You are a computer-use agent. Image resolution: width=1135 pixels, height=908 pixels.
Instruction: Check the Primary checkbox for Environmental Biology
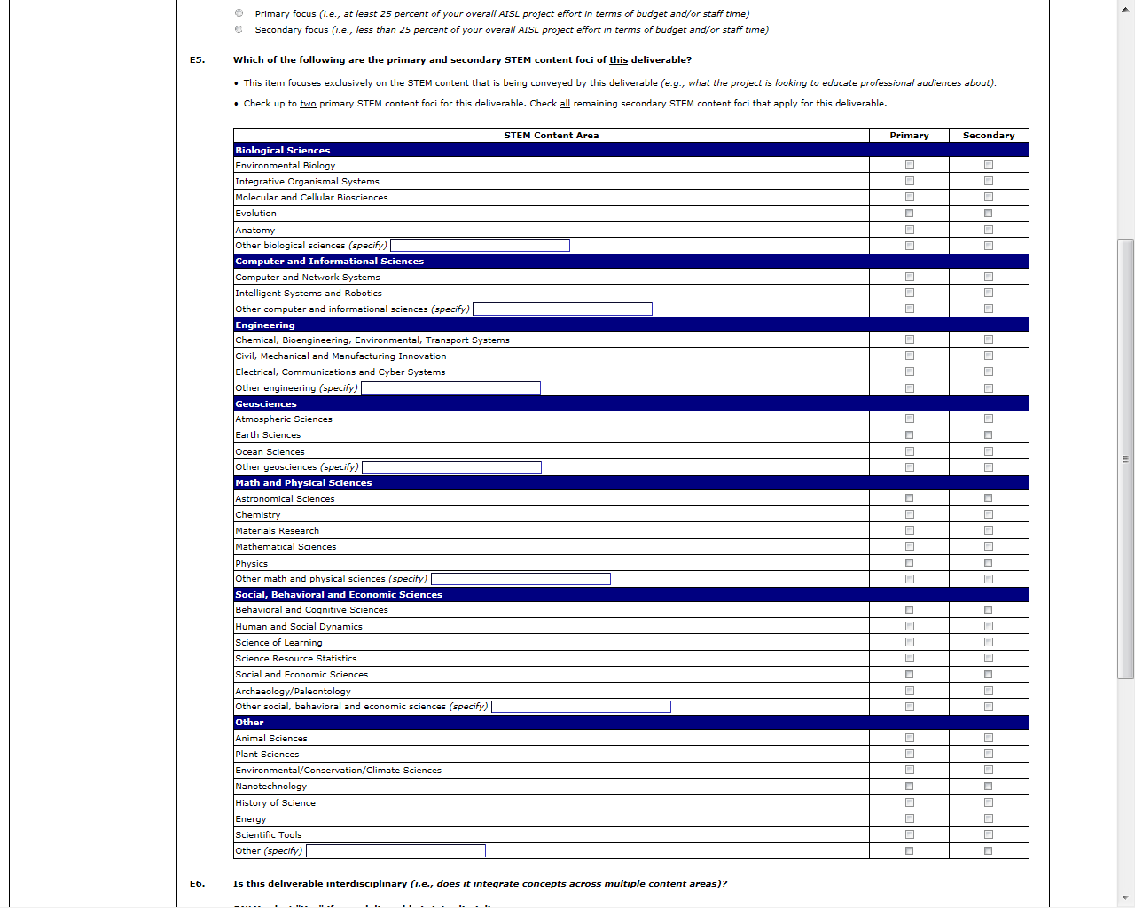pyautogui.click(x=909, y=165)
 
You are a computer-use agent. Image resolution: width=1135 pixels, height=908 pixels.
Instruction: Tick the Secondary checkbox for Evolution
pyautogui.click(x=989, y=214)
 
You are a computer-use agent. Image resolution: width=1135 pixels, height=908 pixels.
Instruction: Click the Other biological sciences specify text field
pyautogui.click(x=480, y=246)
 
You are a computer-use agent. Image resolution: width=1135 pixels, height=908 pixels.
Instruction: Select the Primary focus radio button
pyautogui.click(x=239, y=13)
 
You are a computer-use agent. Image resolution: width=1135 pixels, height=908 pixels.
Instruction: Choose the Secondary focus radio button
pyautogui.click(x=239, y=29)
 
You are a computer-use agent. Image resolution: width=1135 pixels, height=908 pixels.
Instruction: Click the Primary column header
pyautogui.click(x=909, y=136)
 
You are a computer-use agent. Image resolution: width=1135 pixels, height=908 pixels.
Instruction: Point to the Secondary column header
pyautogui.click(x=989, y=136)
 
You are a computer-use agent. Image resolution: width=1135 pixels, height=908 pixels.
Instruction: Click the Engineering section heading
pyautogui.click(x=265, y=325)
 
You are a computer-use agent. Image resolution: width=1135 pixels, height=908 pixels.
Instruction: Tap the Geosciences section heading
pyautogui.click(x=266, y=404)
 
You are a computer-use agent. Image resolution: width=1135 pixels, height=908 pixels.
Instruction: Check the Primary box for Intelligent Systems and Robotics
pyautogui.click(x=909, y=293)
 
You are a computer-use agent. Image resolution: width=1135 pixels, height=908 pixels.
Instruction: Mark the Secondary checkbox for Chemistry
pyautogui.click(x=989, y=514)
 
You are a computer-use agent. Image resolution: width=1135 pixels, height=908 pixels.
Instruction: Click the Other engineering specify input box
pyautogui.click(x=450, y=388)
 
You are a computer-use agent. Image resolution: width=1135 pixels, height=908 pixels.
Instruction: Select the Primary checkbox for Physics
pyautogui.click(x=909, y=563)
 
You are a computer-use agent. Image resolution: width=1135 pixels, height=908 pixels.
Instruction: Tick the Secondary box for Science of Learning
pyautogui.click(x=989, y=642)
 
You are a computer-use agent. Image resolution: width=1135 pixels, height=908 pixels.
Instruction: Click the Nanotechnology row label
pyautogui.click(x=271, y=787)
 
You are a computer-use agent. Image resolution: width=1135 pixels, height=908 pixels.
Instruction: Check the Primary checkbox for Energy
pyautogui.click(x=909, y=818)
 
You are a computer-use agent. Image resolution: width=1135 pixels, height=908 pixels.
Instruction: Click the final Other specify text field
pyautogui.click(x=395, y=851)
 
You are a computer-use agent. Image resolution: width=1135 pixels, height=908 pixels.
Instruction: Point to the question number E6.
pyautogui.click(x=197, y=883)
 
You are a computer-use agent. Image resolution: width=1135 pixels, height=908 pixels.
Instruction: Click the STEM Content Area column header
pyautogui.click(x=551, y=136)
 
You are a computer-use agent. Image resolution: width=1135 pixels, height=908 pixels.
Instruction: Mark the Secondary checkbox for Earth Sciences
pyautogui.click(x=989, y=435)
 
